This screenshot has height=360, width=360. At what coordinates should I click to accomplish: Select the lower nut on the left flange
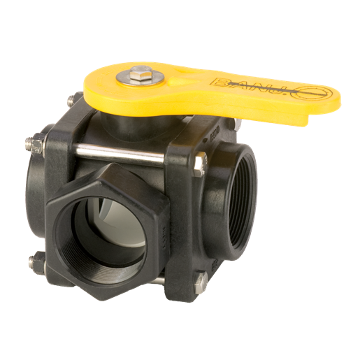[x=36, y=262]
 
